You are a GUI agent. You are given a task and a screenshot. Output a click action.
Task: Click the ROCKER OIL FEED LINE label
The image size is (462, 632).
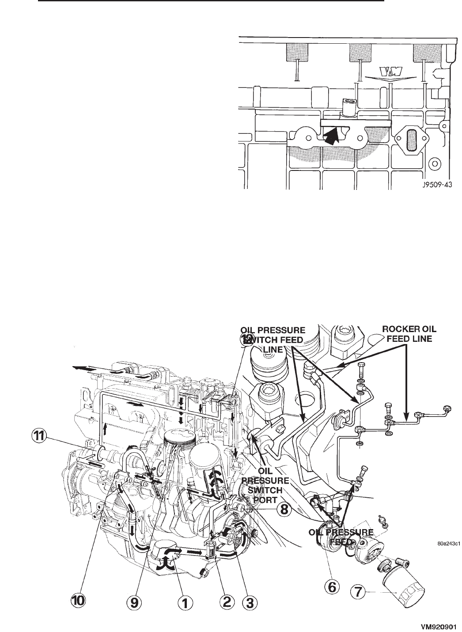pos(409,335)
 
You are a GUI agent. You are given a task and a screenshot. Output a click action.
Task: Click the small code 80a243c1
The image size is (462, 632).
pos(447,544)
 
